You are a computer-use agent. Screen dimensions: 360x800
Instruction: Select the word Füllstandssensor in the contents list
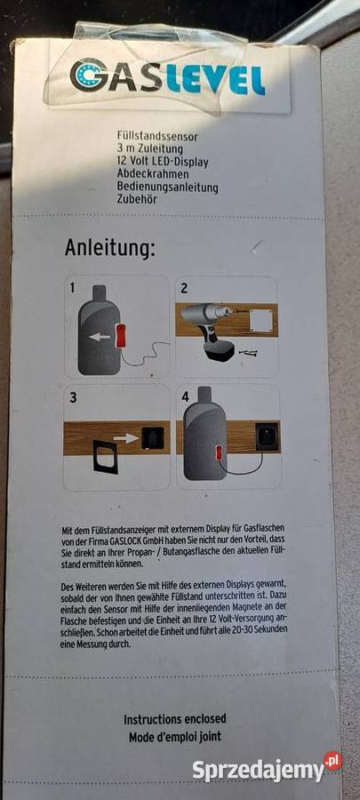[x=157, y=137]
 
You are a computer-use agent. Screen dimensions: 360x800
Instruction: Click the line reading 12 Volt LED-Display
[x=162, y=163]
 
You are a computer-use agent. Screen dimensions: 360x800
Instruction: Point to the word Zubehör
[x=137, y=199]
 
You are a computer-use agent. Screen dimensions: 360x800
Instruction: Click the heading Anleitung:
[x=109, y=248]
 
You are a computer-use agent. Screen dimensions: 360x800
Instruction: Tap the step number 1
[x=72, y=288]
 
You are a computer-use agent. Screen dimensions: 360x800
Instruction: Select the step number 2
[x=184, y=288]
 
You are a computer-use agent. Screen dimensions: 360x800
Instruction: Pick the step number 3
[x=74, y=397]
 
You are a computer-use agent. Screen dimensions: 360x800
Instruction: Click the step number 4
[x=185, y=397]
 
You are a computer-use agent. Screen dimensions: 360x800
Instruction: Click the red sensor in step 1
[x=121, y=335]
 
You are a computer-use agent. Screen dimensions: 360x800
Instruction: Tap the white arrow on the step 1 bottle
[x=100, y=337]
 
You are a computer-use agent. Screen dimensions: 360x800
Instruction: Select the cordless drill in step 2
[x=215, y=327]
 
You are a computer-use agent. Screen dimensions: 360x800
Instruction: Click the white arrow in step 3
[x=126, y=437]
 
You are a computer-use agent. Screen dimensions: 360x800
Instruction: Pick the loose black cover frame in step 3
[x=105, y=458]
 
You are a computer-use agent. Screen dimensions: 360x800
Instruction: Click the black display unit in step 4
[x=268, y=436]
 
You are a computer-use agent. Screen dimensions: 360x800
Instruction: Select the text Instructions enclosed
[x=175, y=719]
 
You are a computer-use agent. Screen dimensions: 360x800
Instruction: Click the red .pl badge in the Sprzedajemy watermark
[x=332, y=761]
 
